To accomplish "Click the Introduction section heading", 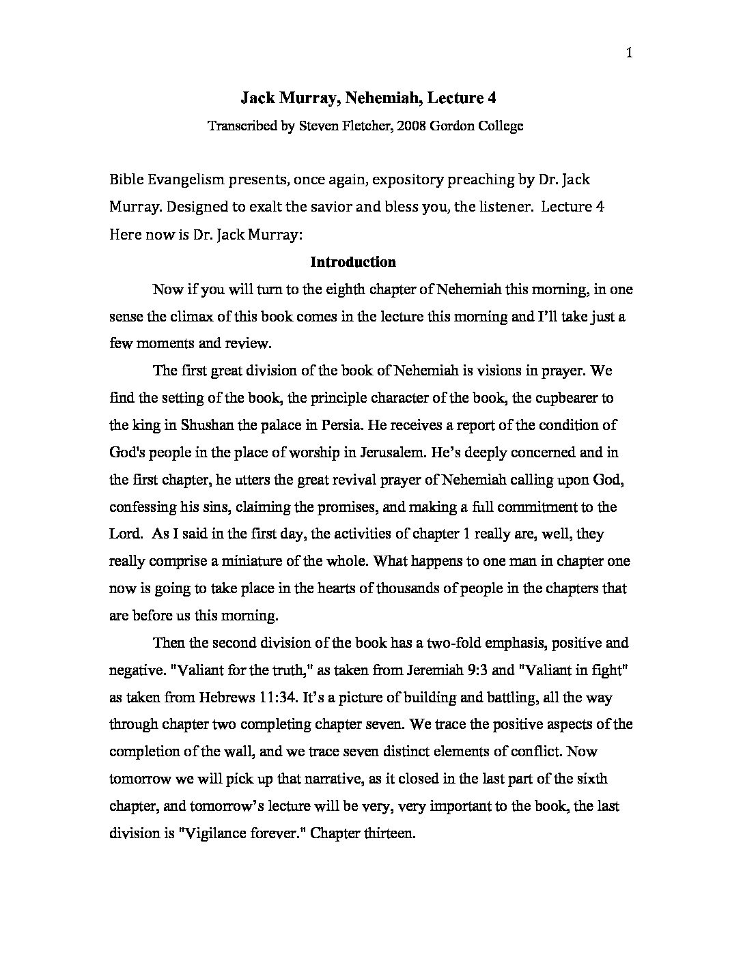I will pos(353,262).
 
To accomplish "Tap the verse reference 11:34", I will pos(278,698).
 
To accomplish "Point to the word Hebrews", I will pos(231,698).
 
